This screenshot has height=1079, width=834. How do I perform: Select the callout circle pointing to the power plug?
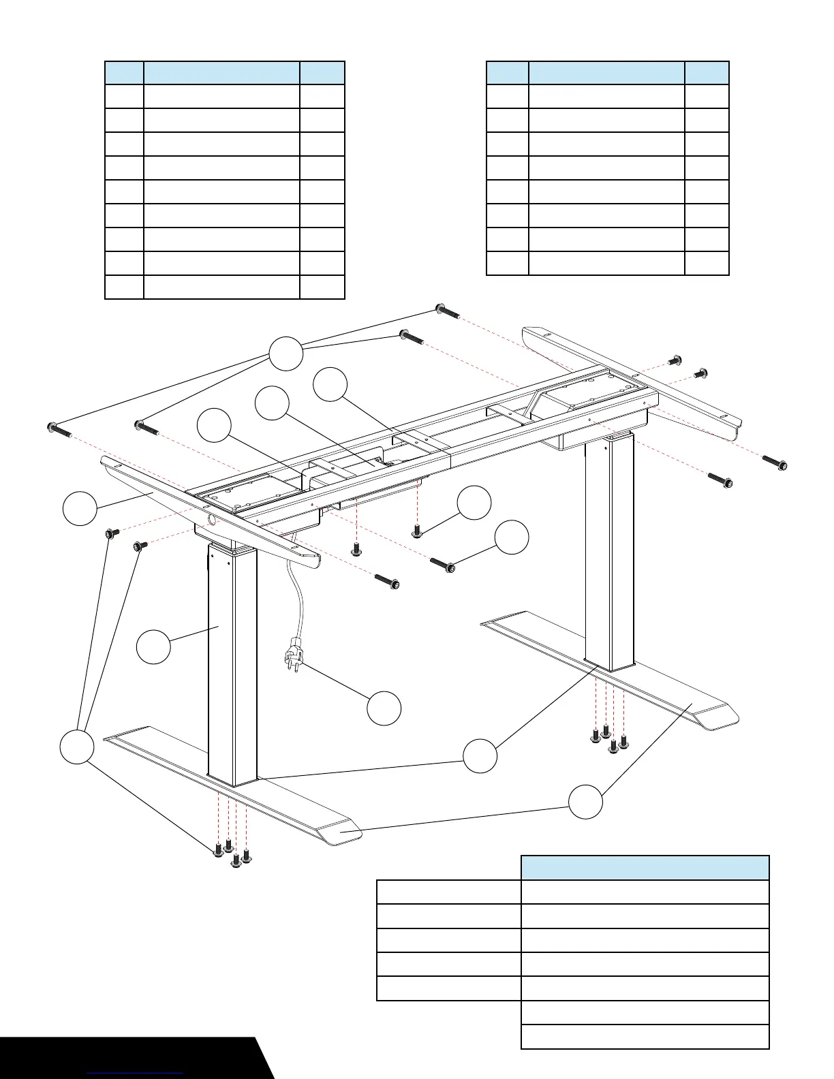coord(384,708)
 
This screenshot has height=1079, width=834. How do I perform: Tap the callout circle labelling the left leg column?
coord(154,646)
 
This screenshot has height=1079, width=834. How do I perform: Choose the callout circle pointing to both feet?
coord(586,802)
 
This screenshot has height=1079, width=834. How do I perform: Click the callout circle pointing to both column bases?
coord(480,756)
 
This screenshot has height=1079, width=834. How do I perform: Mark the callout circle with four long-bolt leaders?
coord(286,354)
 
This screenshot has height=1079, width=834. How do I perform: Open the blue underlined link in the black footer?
coord(136,1072)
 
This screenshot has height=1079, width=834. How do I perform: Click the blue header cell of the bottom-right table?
coord(645,868)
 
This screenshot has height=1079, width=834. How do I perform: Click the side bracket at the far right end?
coord(630,381)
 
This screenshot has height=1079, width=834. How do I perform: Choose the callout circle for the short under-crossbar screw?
coord(474,503)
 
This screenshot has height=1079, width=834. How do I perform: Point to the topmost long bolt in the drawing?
coord(447,313)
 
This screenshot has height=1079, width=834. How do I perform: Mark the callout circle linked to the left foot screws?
coord(76,747)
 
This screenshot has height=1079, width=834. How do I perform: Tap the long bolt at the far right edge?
coord(775,463)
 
